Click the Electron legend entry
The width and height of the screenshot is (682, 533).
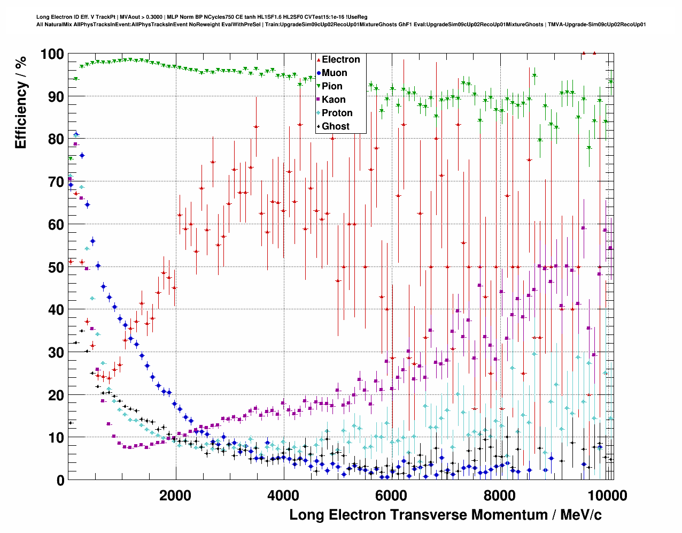pos(340,59)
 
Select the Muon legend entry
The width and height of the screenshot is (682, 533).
pos(334,73)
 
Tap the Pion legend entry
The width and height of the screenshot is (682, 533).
pos(332,86)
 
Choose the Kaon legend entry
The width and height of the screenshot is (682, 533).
pos(334,100)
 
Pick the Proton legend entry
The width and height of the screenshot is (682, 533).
pos(337,113)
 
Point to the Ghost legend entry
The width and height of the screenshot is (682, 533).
pos(335,126)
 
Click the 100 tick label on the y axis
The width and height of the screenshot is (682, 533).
pos(52,54)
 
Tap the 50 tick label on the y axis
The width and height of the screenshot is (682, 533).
pos(56,267)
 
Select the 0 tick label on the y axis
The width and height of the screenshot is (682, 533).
pos(60,481)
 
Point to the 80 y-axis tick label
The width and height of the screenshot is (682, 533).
pos(56,139)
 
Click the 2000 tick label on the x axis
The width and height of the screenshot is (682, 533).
pos(175,496)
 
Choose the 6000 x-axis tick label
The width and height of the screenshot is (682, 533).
pos(391,496)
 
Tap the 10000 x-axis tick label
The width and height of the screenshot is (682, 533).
pos(604,496)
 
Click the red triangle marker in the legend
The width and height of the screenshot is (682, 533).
pos(319,60)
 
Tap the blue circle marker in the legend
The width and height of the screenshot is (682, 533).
pos(319,73)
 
